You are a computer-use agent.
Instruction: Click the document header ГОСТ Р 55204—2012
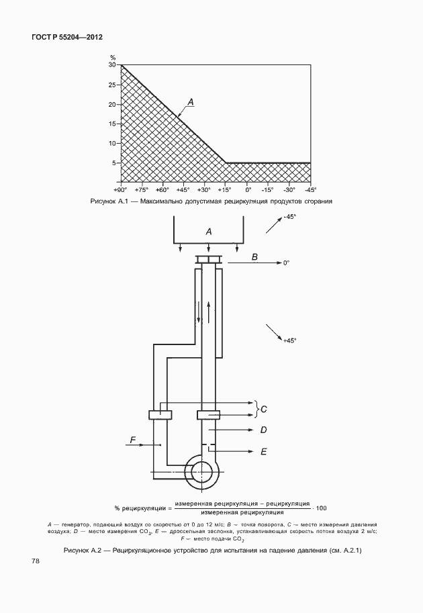point(66,38)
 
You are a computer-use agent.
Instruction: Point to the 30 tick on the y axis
point(112,65)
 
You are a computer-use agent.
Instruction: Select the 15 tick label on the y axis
point(112,124)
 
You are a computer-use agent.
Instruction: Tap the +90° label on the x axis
point(121,189)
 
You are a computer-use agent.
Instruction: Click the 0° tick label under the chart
point(248,189)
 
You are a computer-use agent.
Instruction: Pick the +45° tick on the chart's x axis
point(183,189)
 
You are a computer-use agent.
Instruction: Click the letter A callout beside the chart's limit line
point(191,102)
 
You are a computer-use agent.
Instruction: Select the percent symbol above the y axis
point(113,58)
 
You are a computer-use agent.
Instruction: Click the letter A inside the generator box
point(209,232)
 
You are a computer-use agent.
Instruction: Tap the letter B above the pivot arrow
point(254,257)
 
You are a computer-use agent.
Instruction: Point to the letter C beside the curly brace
point(264,410)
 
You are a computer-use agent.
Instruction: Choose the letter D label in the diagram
point(263,430)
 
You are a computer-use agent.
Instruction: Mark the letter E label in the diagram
point(263,452)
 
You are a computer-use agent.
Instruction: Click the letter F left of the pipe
point(132,440)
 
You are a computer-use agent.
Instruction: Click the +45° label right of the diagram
point(289,340)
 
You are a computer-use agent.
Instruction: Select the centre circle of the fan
point(201,472)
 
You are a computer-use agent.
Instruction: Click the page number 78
point(35,561)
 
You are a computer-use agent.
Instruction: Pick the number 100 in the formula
point(321,508)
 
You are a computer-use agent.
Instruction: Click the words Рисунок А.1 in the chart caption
point(107,201)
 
